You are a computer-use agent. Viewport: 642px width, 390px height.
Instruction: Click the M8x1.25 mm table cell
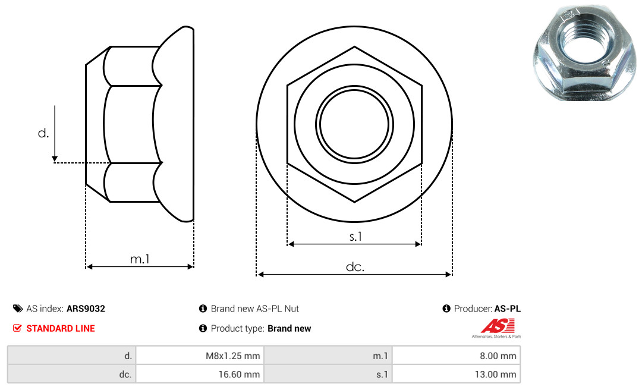tap(200, 356)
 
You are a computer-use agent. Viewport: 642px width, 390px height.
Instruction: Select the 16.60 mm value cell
tap(200, 374)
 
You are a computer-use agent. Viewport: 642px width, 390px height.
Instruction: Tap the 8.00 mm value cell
tap(456, 356)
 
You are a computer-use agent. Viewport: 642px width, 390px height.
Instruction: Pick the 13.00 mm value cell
tap(456, 374)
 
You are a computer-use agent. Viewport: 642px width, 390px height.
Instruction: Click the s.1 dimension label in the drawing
tap(355, 237)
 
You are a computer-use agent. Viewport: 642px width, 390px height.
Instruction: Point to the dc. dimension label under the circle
tap(355, 267)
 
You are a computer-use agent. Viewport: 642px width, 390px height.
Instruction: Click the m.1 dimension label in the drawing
tap(140, 259)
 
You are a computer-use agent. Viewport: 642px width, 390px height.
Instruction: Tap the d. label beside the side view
tap(43, 133)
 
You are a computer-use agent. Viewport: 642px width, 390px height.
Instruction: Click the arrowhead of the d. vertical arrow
tap(55, 159)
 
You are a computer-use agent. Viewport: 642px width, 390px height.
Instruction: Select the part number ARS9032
tap(86, 309)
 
